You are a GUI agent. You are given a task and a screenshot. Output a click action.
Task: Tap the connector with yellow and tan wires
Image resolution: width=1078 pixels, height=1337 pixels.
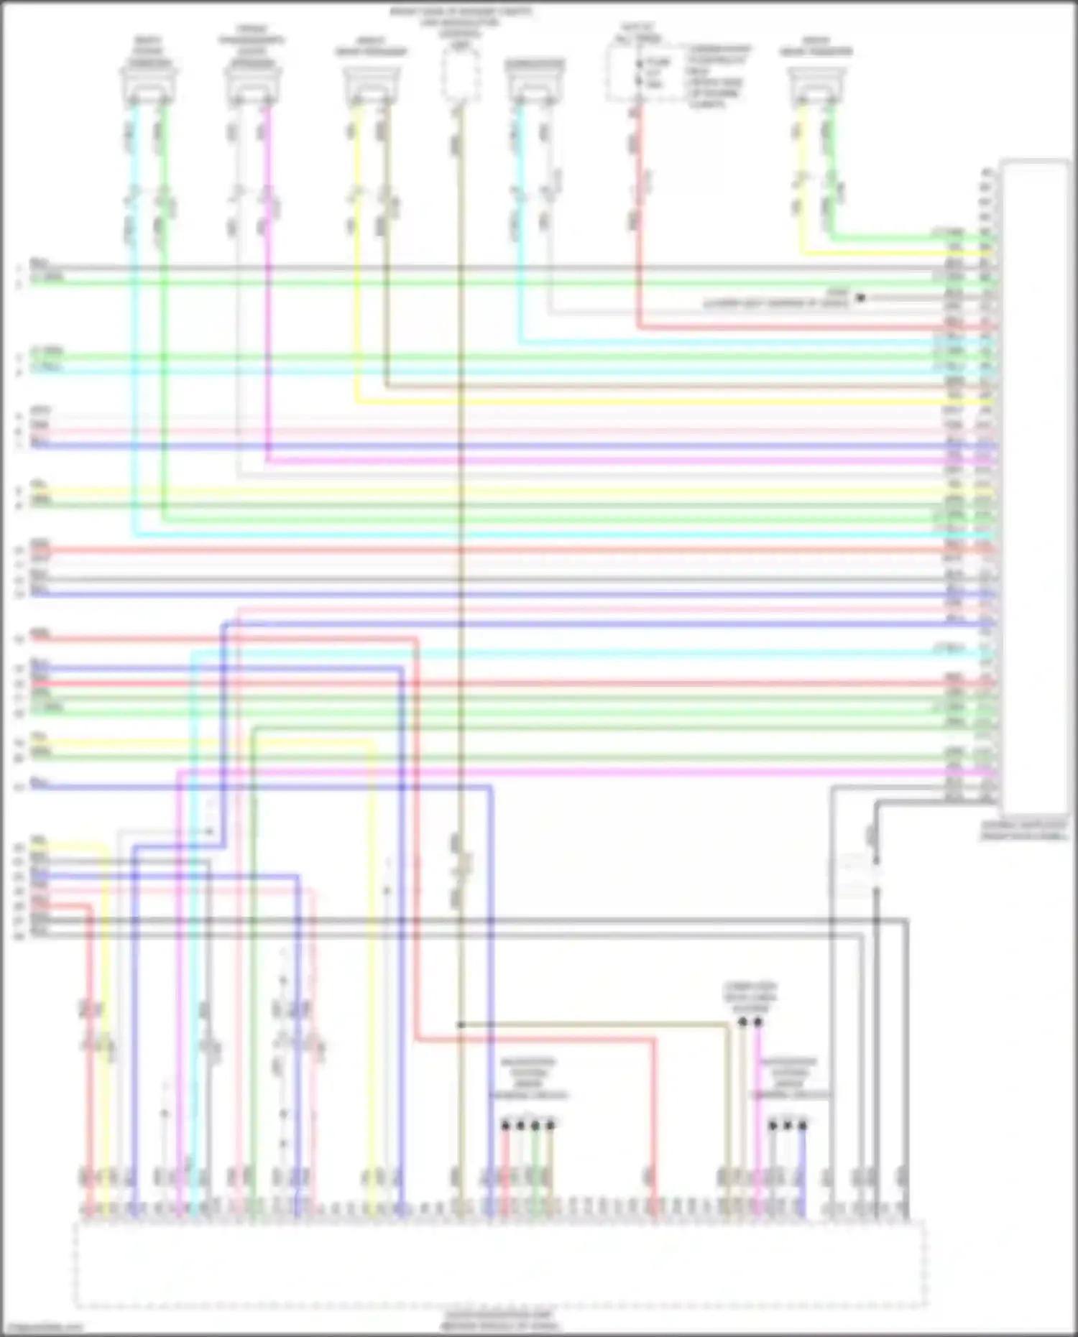tap(371, 86)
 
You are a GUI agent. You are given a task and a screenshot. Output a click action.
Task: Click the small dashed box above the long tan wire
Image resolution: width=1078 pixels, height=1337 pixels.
tap(460, 75)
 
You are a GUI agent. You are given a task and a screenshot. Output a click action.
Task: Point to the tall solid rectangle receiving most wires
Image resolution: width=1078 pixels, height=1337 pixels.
tap(1035, 489)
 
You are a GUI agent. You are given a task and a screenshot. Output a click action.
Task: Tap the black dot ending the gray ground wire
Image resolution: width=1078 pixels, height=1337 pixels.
tap(860, 297)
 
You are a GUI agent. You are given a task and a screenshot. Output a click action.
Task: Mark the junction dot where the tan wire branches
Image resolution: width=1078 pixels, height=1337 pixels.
tap(461, 1024)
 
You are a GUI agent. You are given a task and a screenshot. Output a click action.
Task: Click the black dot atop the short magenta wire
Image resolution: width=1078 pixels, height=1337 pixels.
tap(757, 1022)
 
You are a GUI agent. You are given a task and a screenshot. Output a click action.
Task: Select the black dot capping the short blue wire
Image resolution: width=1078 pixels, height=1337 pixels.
tap(803, 1125)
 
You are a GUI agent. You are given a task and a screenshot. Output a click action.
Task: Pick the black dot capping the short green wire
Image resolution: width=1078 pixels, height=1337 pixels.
tap(535, 1125)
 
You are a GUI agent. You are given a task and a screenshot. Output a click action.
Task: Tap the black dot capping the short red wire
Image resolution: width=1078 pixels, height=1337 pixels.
tap(505, 1125)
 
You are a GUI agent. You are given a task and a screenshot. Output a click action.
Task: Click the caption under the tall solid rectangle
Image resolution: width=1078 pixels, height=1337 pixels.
tap(1024, 831)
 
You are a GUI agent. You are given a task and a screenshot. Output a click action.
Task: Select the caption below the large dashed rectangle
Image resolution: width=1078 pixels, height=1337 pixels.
tap(500, 1320)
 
